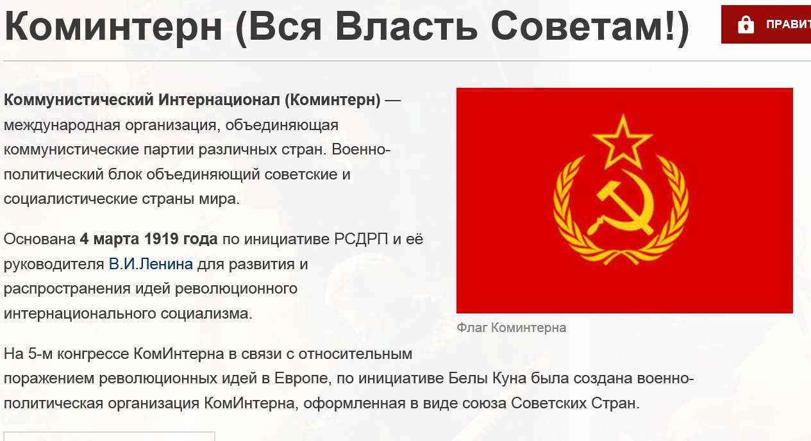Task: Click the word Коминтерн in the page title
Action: pyautogui.click(x=113, y=26)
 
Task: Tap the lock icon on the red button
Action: pyautogui.click(x=746, y=24)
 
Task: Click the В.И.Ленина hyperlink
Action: pyautogui.click(x=151, y=264)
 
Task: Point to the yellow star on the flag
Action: pyautogui.click(x=623, y=141)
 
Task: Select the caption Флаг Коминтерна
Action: pyautogui.click(x=511, y=328)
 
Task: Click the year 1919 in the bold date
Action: pyautogui.click(x=161, y=239)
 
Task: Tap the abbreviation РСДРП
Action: pyautogui.click(x=361, y=239)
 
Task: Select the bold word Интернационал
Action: pyautogui.click(x=219, y=99)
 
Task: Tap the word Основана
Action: pyautogui.click(x=40, y=239)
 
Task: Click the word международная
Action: pyautogui.click(x=62, y=125)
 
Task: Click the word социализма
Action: pyautogui.click(x=206, y=313)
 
